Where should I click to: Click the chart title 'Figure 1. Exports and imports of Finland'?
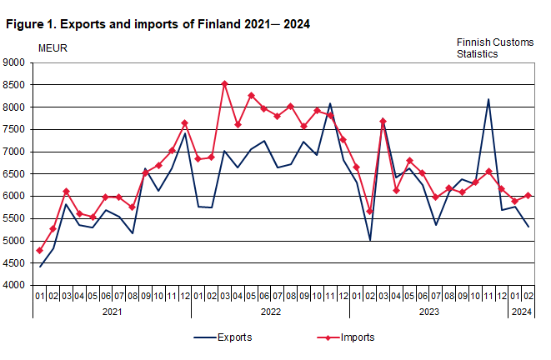(158, 24)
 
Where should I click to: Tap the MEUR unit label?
(53, 47)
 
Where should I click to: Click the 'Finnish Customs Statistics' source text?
(494, 47)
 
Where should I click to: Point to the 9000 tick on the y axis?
(15, 62)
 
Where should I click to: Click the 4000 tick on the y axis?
(15, 286)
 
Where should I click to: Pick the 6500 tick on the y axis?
(15, 174)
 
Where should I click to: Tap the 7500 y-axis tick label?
(15, 129)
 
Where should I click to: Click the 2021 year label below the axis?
(112, 312)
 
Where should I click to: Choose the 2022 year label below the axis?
(271, 312)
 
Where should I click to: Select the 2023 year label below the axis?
(429, 312)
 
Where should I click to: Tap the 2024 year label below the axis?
(522, 312)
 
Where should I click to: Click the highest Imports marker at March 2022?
(224, 83)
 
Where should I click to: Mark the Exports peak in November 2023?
(488, 99)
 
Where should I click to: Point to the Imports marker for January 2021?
(40, 251)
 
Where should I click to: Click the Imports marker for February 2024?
(528, 195)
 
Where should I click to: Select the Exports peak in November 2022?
(330, 103)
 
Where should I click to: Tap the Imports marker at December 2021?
(184, 123)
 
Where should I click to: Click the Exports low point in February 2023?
(369, 240)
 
